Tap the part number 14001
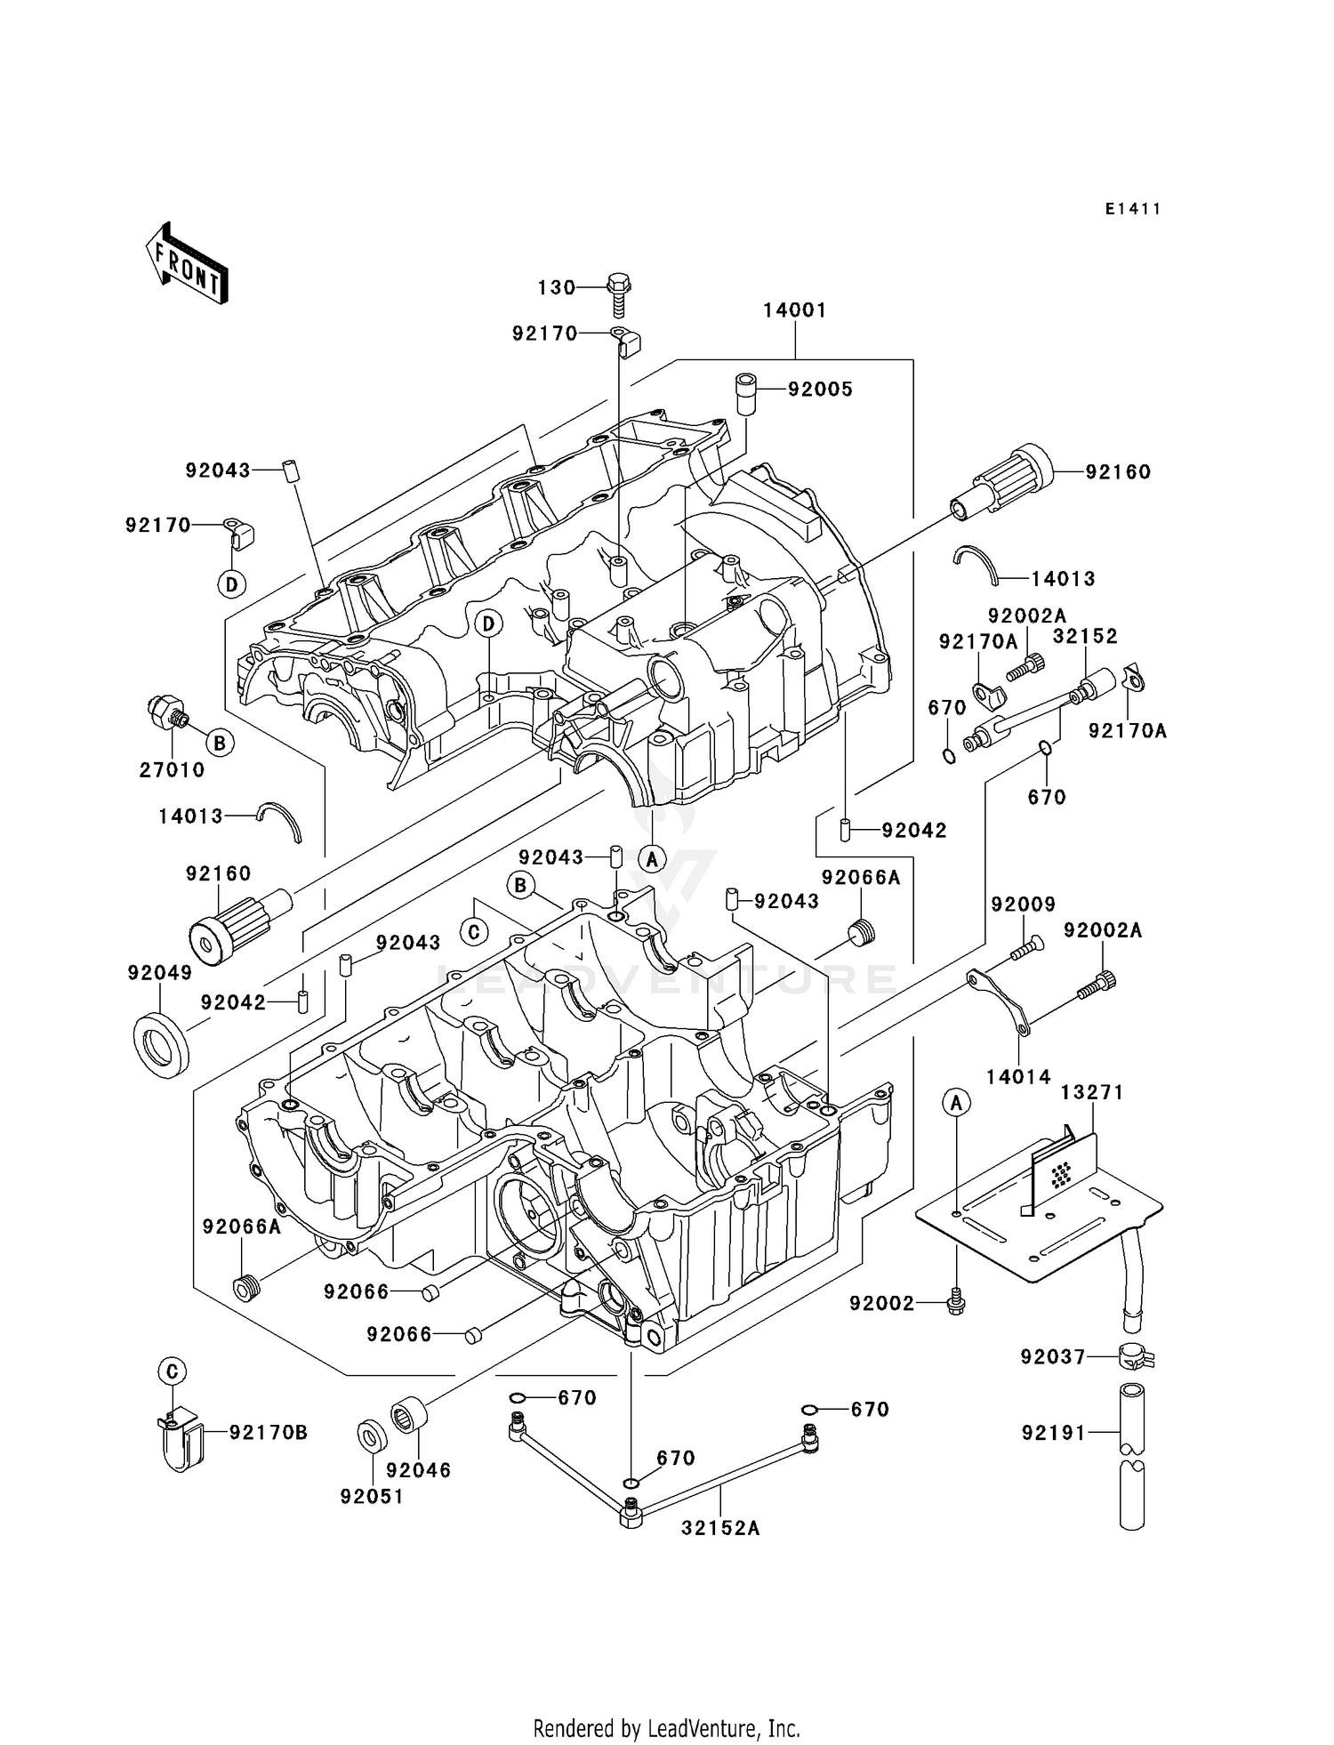click(x=794, y=310)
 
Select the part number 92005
click(x=820, y=390)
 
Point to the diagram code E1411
click(x=1133, y=209)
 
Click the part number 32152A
click(x=720, y=1528)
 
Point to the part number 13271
click(x=1092, y=1092)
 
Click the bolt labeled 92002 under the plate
click(x=956, y=1302)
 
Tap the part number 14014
click(x=1018, y=1077)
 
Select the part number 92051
click(x=372, y=1497)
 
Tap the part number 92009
click(x=1023, y=904)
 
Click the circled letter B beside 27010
click(x=220, y=743)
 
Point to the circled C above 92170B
click(x=173, y=1371)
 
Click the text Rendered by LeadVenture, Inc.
click(x=666, y=1728)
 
